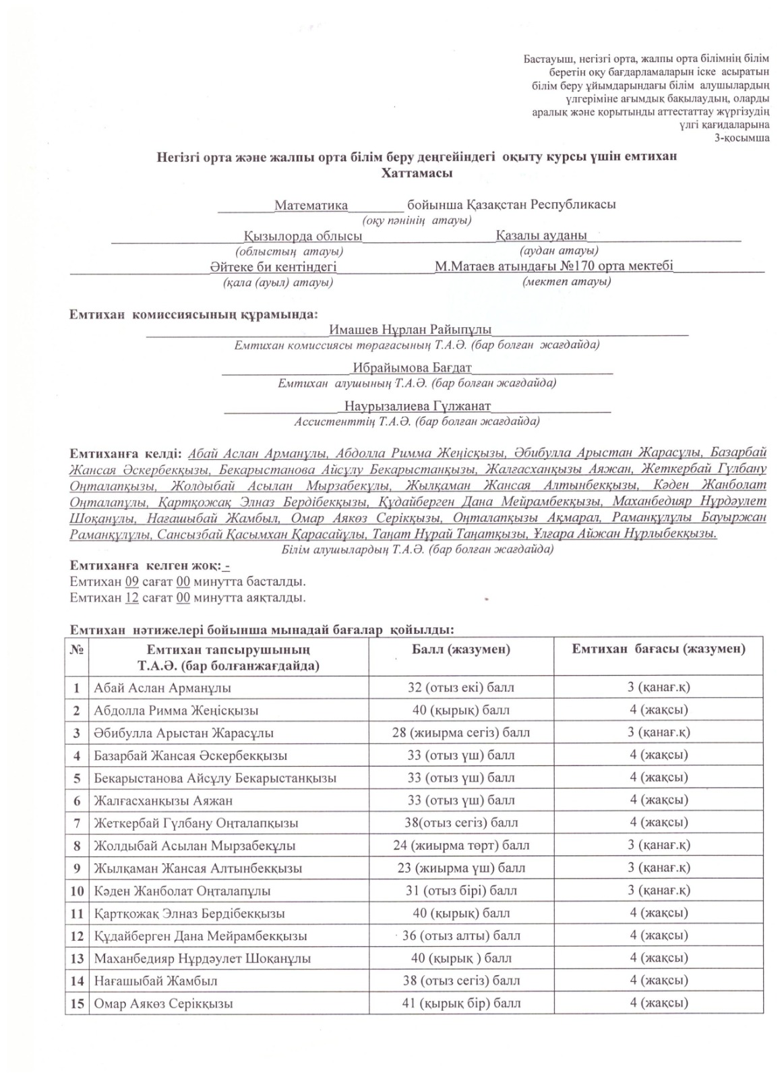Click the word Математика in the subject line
coord(311,205)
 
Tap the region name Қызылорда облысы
coord(303,236)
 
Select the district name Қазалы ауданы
coord(541,235)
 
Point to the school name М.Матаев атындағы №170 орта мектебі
coord(553,266)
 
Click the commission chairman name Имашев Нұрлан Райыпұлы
coord(410,330)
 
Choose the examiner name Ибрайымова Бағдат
coord(411,368)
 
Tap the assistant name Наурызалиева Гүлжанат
coord(417,407)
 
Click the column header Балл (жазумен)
coord(460,649)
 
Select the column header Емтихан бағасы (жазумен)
coord(658,649)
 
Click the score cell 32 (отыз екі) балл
coord(460,688)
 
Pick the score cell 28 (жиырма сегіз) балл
coord(460,732)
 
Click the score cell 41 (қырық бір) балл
coord(461,1003)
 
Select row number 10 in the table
coord(77,891)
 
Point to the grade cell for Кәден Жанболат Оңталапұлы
coord(659,890)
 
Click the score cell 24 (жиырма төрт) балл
coord(461,845)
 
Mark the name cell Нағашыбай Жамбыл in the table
coord(156,981)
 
